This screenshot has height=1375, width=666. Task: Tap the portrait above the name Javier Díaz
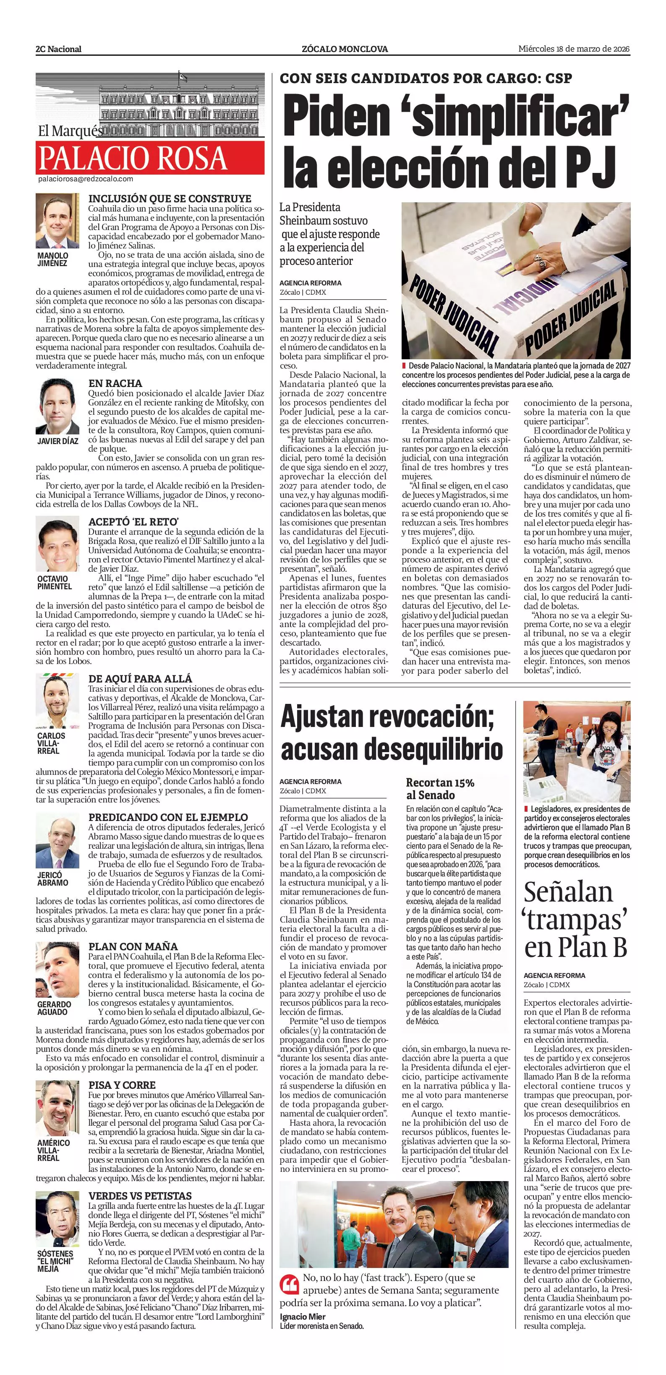click(x=57, y=406)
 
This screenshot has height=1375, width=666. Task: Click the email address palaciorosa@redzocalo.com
click(x=85, y=179)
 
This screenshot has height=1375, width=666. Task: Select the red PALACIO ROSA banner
click(x=150, y=158)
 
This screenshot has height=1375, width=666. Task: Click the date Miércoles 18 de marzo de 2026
click(x=574, y=49)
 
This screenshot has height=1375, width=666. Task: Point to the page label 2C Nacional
click(x=59, y=49)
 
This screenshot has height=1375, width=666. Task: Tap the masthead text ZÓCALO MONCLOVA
click(x=345, y=49)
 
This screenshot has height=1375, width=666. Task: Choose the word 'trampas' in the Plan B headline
click(x=575, y=919)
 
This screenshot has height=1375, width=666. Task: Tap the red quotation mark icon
click(x=289, y=1284)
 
